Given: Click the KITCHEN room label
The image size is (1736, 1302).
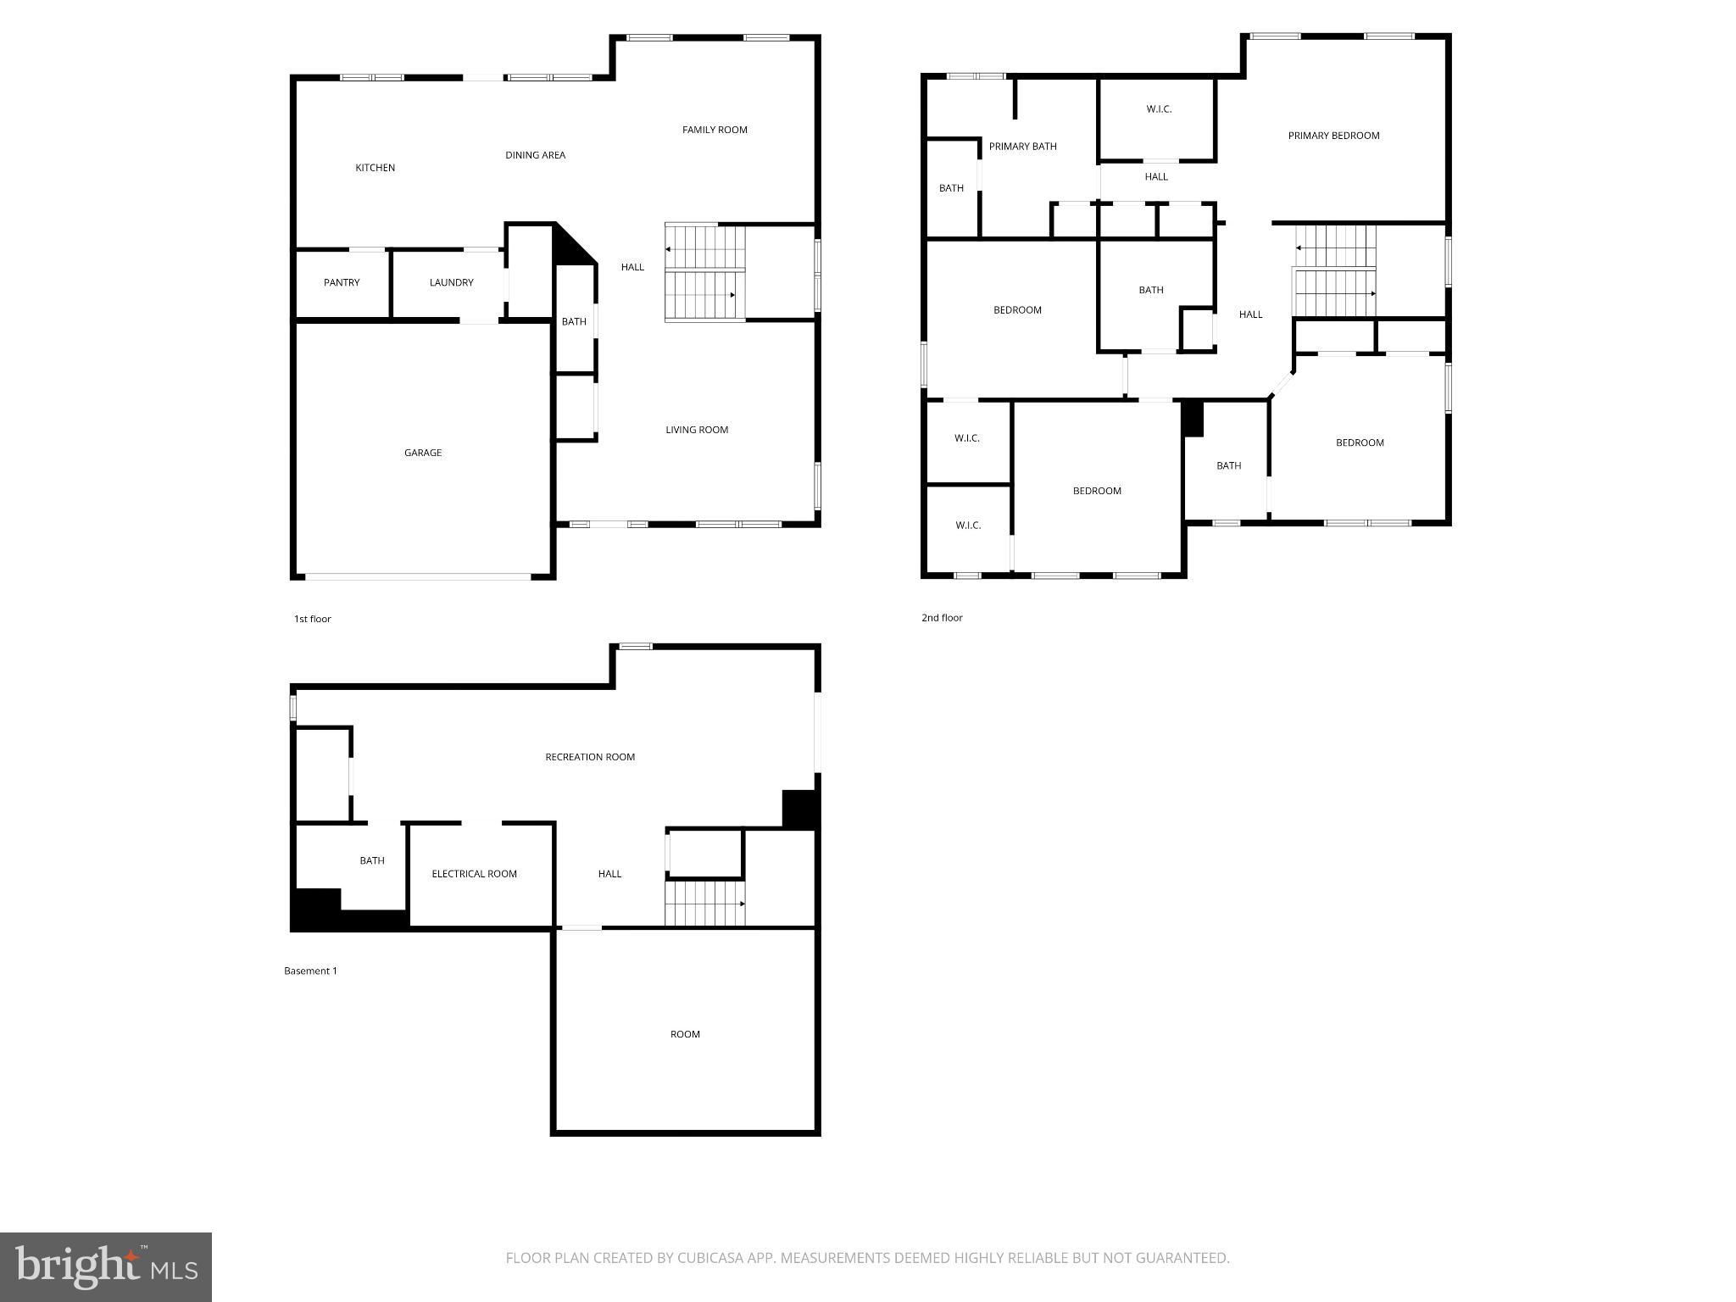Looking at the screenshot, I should pos(375,168).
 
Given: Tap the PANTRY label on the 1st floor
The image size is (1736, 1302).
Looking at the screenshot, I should pos(342,282).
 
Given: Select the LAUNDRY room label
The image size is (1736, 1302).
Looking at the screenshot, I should pos(451,282).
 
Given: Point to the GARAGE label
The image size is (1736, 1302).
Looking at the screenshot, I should pos(422,453).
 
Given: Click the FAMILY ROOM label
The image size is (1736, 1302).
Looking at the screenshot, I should pos(715,130).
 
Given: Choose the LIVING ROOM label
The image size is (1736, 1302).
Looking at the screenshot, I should pos(697,430).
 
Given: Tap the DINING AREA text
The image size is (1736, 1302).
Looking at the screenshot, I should pos(535,155).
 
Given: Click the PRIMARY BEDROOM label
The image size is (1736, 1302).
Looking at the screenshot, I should pos(1333,136).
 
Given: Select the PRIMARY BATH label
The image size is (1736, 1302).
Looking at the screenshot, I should pos(1022,147).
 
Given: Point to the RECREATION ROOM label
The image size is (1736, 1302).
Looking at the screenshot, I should pos(590,757).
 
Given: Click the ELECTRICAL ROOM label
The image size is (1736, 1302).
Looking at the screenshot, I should pos(474,874).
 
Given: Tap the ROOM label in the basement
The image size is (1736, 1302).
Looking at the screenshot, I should pos(685,1034).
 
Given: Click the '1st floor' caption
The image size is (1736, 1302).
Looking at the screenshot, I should pos(312,619).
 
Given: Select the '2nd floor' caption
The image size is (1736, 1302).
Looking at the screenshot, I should pos(942,618).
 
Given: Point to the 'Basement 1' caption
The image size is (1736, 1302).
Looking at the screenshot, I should pos(310,971).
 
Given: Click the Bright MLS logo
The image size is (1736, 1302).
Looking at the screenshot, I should pos(106,1266).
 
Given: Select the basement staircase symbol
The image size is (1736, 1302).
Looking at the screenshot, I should pos(704,904).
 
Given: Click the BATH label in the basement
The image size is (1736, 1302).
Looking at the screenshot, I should pos(371,860).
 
